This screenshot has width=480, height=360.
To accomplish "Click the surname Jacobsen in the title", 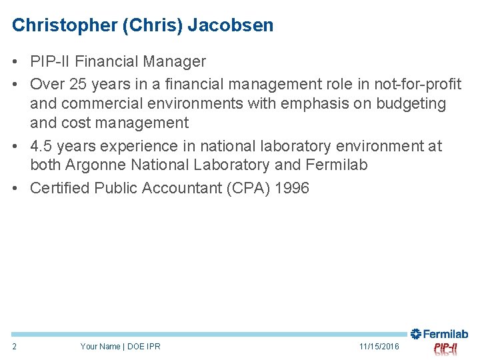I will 230,25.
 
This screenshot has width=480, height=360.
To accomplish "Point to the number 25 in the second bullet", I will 79,83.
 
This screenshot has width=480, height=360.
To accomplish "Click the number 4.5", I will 41,146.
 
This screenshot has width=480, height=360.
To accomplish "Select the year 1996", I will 291,188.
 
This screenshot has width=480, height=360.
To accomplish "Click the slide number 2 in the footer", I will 15,346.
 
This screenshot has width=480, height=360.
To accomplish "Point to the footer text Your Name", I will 100,346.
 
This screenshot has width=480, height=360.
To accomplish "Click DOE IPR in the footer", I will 144,346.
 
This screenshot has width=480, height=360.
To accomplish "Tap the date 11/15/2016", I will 379,346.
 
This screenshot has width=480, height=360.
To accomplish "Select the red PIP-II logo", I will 445,348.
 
